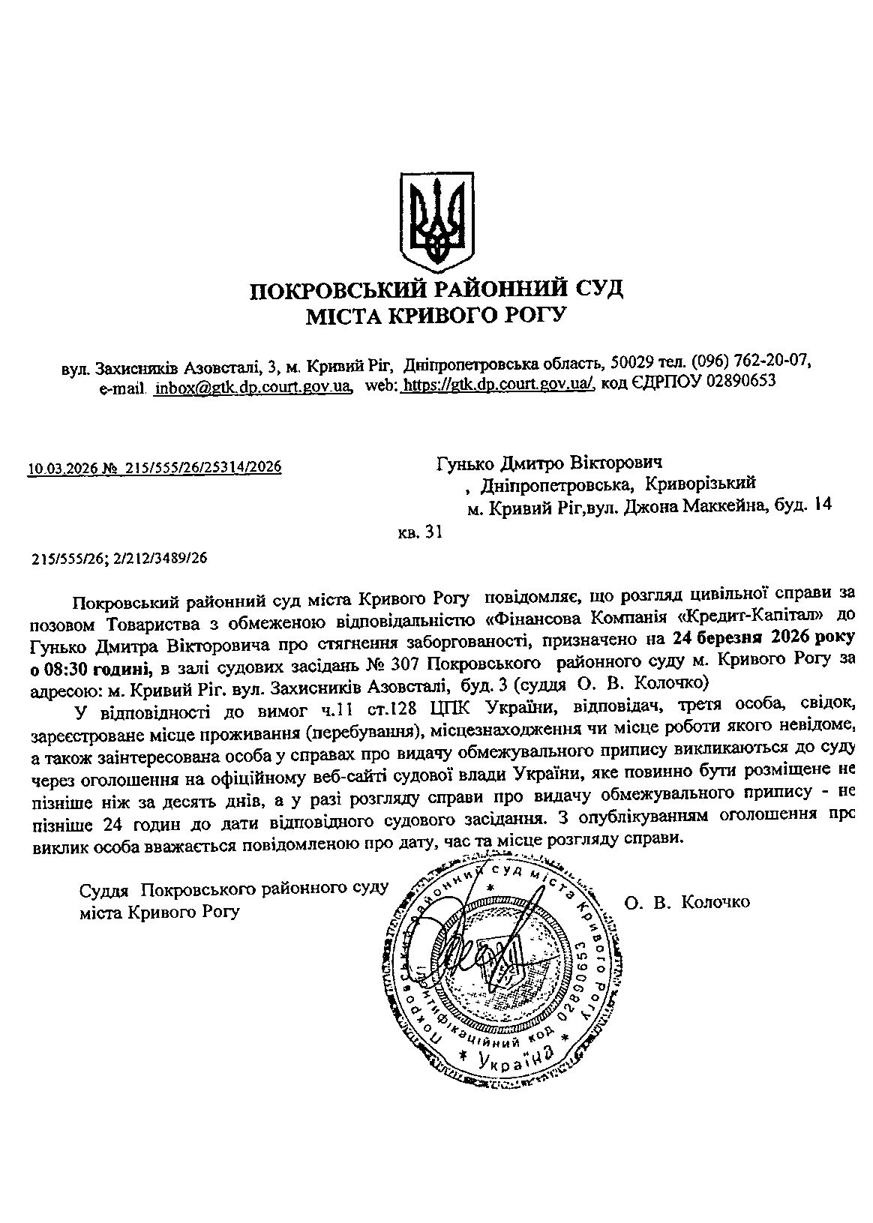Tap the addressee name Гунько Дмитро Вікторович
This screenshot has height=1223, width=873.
click(x=550, y=463)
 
